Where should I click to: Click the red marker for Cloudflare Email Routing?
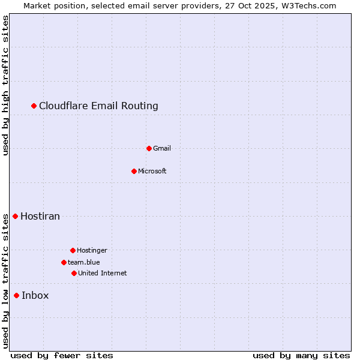[34, 106]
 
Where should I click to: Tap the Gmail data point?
[149, 148]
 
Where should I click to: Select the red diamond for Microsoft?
[134, 171]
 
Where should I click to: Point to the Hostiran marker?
[16, 216]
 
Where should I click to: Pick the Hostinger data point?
[73, 250]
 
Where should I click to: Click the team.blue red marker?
[64, 262]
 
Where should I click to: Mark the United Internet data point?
[74, 273]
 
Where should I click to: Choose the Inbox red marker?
[17, 295]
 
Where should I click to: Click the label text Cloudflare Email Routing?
[98, 106]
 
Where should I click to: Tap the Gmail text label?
[162, 148]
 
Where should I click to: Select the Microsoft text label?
[152, 171]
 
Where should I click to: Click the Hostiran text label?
[40, 216]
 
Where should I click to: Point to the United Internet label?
[103, 273]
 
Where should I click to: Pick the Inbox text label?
[35, 295]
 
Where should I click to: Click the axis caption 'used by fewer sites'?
[62, 355]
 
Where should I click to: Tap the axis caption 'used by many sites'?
[301, 355]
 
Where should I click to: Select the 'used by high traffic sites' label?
[6, 85]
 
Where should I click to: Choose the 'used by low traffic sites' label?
[6, 281]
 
